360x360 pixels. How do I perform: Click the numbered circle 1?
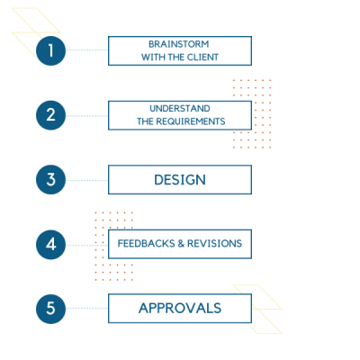coord(50,50)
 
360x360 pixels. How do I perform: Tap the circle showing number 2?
coord(50,115)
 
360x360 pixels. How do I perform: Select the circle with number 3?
coord(50,179)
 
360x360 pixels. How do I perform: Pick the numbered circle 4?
coord(50,245)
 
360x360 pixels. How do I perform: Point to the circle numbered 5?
coord(50,309)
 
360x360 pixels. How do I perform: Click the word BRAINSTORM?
coord(179,44)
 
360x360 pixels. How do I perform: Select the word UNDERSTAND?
coord(180,108)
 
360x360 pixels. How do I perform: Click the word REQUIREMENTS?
coord(191,121)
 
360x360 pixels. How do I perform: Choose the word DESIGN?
coord(180,180)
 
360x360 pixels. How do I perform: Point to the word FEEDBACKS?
coord(146,243)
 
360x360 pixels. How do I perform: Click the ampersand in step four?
coord(181,243)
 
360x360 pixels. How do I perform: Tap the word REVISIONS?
coord(214,243)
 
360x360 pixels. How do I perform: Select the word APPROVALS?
coord(180,308)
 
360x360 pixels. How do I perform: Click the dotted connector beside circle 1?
coord(87,49)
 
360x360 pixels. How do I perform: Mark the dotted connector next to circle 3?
coord(87,180)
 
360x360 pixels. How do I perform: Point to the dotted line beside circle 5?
coord(87,308)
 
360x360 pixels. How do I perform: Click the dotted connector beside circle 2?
coord(87,116)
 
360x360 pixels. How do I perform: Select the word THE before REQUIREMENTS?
coord(145,121)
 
